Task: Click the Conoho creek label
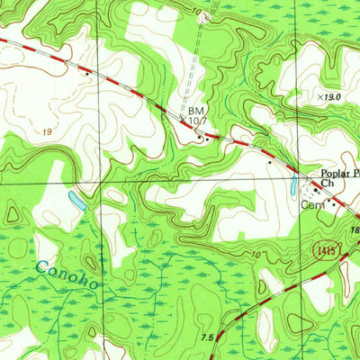pyautogui.click(x=66, y=274)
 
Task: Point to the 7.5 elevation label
pyautogui.click(x=207, y=337)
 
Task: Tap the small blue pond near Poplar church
pyautogui.click(x=292, y=186)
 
